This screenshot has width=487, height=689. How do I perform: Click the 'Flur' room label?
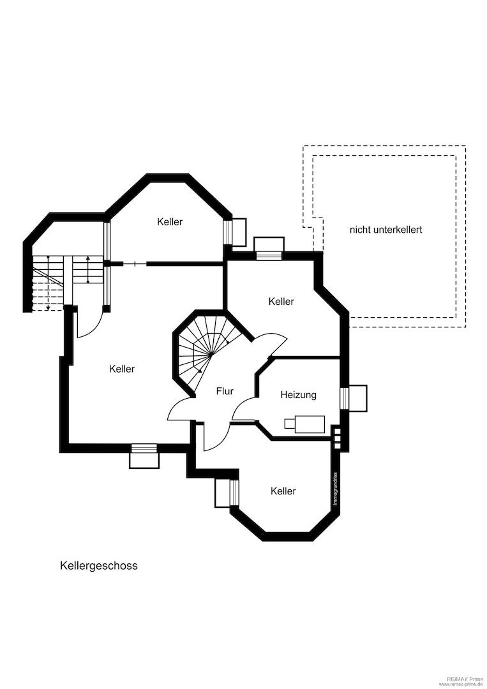[x=225, y=390]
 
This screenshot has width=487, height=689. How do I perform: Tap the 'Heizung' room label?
[x=299, y=395]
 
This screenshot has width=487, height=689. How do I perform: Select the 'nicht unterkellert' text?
[x=386, y=230]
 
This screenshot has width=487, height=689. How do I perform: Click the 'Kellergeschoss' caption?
[x=99, y=565]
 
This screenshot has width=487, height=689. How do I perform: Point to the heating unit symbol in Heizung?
[x=304, y=424]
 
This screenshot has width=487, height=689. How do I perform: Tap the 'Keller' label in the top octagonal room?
[x=170, y=221]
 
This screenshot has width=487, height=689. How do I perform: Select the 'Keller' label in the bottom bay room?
[x=283, y=491]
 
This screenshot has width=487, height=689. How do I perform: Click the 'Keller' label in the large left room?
[x=122, y=369]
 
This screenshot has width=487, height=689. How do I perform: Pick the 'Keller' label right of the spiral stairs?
[x=281, y=301]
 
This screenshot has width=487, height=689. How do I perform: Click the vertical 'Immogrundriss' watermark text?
[x=335, y=489]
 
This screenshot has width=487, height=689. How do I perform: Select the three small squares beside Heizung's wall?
[x=337, y=437]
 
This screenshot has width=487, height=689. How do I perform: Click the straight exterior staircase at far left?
[x=68, y=283]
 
